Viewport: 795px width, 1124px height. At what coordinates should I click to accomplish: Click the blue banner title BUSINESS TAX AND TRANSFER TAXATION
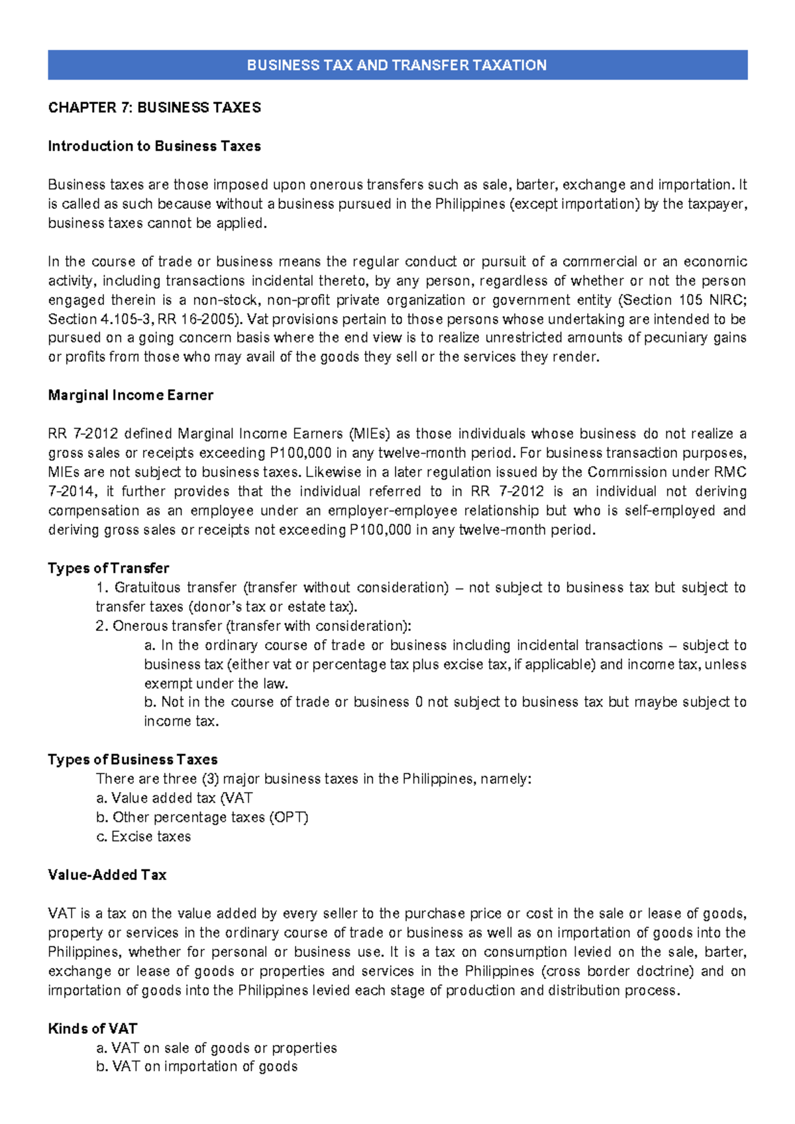click(x=396, y=65)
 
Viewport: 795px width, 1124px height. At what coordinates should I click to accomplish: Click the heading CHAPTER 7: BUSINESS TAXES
click(x=154, y=107)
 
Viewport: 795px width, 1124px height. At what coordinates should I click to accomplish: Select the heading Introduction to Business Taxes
click(x=154, y=146)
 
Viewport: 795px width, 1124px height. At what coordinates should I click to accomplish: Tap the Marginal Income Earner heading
click(x=131, y=395)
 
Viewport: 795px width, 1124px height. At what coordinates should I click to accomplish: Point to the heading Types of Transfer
click(x=109, y=568)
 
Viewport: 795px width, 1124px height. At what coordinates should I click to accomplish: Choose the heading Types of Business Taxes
click(x=132, y=759)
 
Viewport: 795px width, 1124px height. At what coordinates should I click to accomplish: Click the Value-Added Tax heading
click(x=107, y=875)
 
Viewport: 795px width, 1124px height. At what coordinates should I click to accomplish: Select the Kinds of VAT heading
click(x=93, y=1029)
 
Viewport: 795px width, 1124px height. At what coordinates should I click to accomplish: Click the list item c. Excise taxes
click(x=144, y=836)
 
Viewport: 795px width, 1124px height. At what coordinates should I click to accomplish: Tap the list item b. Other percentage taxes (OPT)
click(x=202, y=817)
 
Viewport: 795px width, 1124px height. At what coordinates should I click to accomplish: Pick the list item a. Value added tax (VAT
click(x=174, y=798)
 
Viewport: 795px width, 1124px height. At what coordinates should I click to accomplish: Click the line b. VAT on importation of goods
click(x=197, y=1066)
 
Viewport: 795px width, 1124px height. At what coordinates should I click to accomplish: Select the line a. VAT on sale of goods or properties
click(x=217, y=1048)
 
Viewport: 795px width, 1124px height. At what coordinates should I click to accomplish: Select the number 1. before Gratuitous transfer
click(x=102, y=587)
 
